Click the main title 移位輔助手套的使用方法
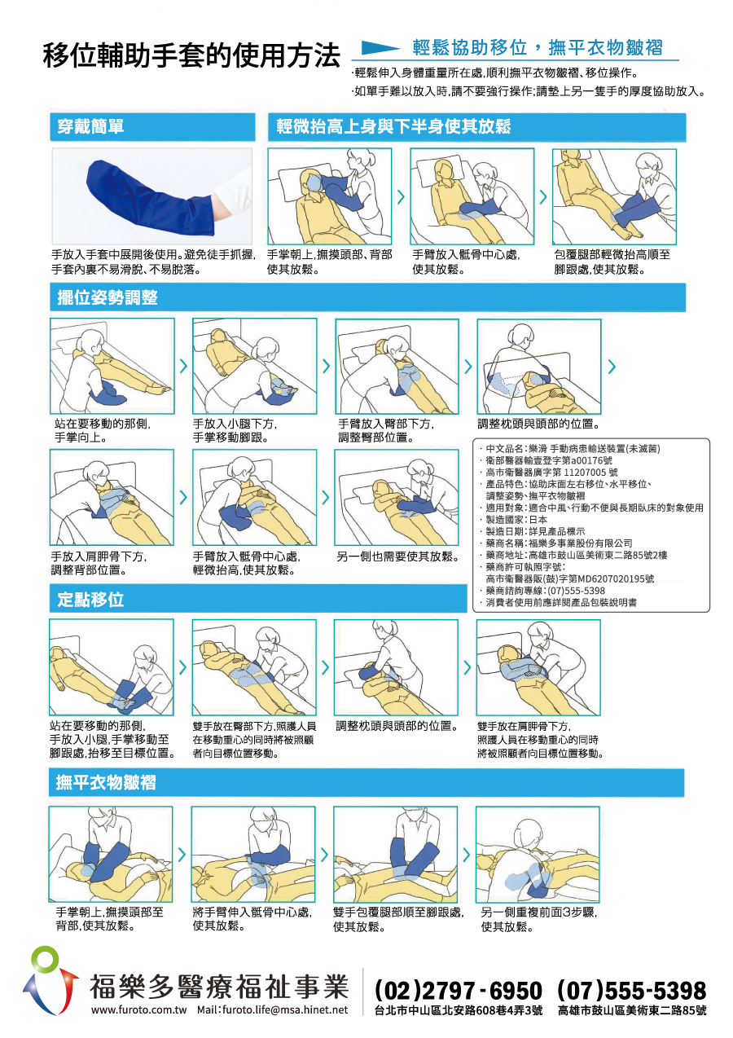tap(192, 55)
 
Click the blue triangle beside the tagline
tap(380, 48)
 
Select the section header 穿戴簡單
tap(90, 126)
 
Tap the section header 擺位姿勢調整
tap(108, 297)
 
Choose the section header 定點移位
tap(90, 599)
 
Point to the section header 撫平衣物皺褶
tap(106, 783)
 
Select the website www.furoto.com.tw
tap(139, 1010)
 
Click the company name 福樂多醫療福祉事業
tap(219, 987)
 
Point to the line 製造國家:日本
tap(513, 520)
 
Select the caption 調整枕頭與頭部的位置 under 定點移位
tap(397, 726)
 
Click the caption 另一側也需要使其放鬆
tap(398, 556)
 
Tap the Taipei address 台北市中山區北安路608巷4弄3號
tap(459, 1010)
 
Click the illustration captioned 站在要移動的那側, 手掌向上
tap(112, 366)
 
